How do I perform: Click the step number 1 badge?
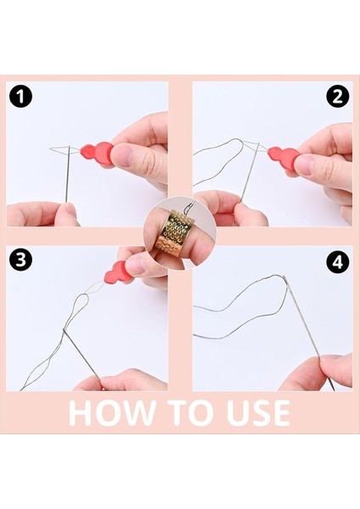(20, 97)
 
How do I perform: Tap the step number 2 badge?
(338, 97)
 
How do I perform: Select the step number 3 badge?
(20, 260)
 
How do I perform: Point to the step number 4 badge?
(338, 262)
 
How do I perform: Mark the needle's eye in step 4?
(285, 280)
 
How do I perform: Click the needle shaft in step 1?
(68, 174)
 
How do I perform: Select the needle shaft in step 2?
(250, 171)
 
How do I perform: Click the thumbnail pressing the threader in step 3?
(136, 265)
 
